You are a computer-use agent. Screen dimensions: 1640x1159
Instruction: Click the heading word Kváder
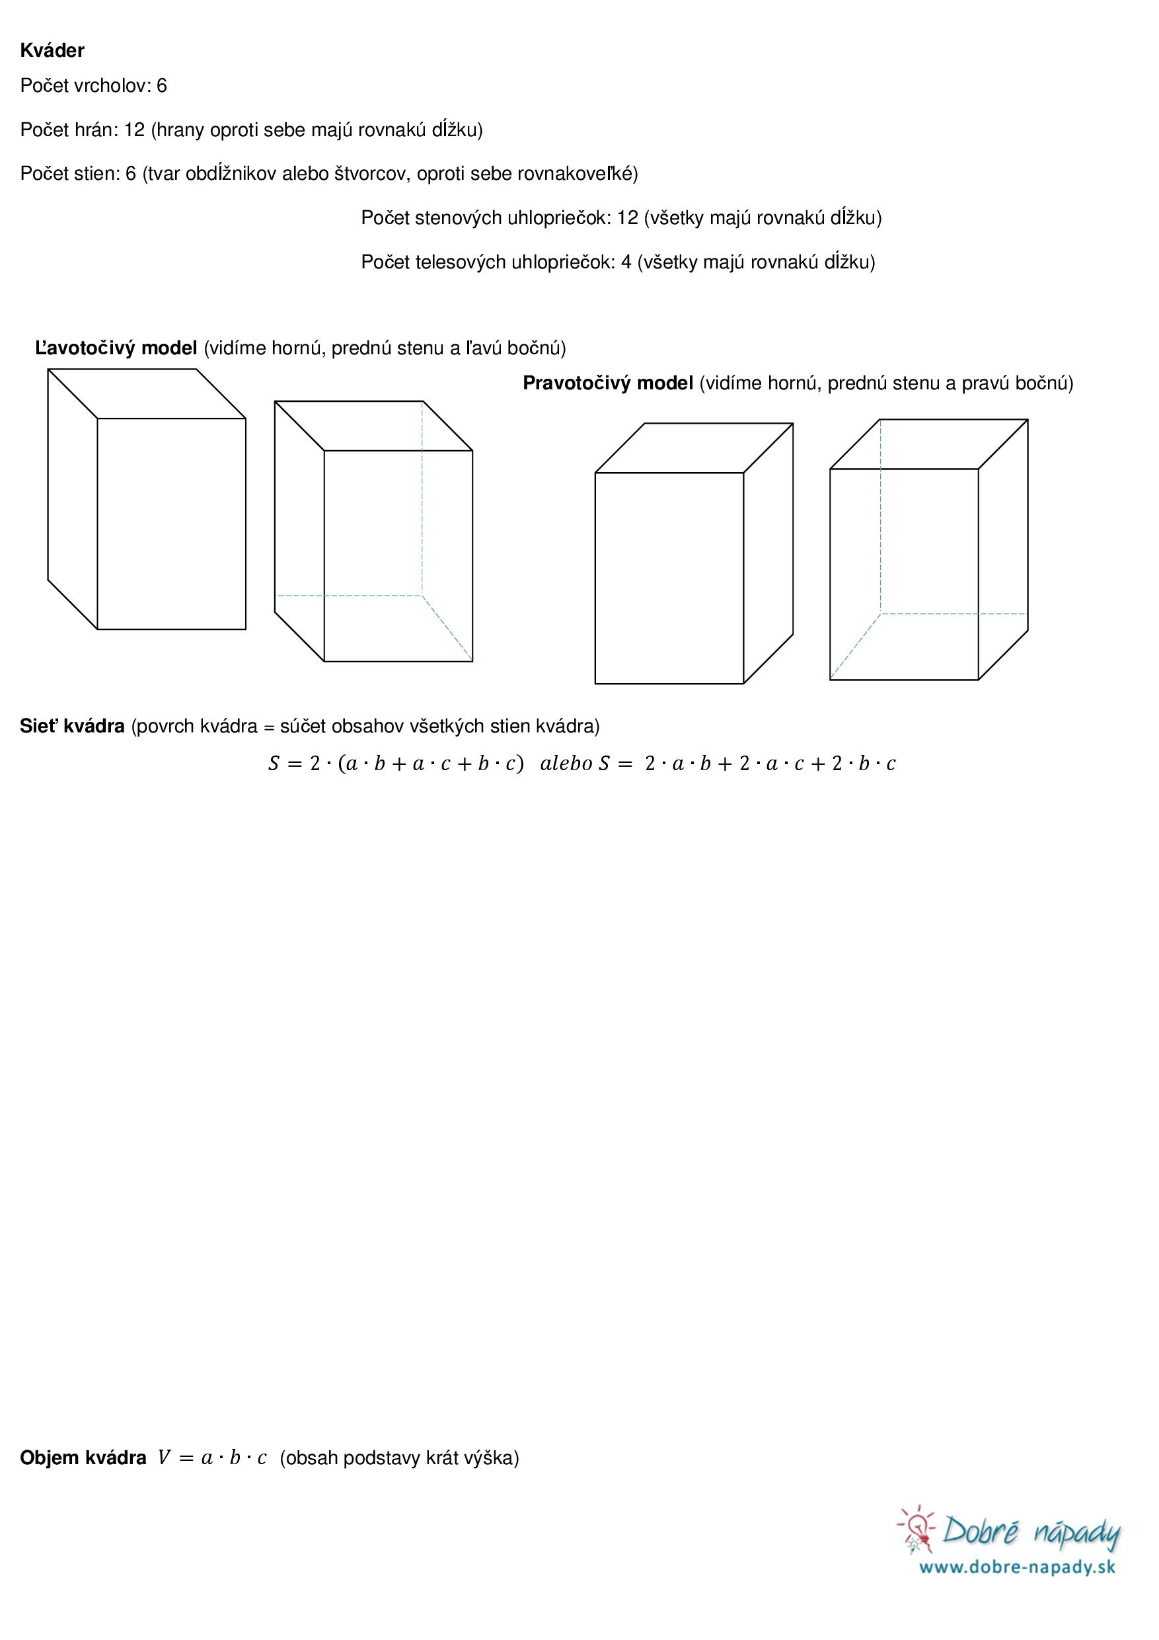point(52,51)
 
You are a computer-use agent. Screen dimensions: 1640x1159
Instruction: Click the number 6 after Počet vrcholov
point(161,86)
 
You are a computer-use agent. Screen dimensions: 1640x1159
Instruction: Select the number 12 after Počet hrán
point(134,130)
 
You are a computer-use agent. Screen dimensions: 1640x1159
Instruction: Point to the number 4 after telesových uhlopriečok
point(626,262)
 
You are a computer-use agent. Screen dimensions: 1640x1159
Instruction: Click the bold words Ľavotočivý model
point(116,348)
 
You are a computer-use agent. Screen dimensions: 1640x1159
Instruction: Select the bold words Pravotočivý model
point(608,383)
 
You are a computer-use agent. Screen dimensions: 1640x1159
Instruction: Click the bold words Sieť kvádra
point(72,726)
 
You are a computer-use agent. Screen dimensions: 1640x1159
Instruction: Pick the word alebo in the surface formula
point(566,763)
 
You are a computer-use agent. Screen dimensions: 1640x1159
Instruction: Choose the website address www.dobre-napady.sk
point(1017,1567)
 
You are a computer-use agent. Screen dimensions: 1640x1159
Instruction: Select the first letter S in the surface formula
point(274,763)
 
